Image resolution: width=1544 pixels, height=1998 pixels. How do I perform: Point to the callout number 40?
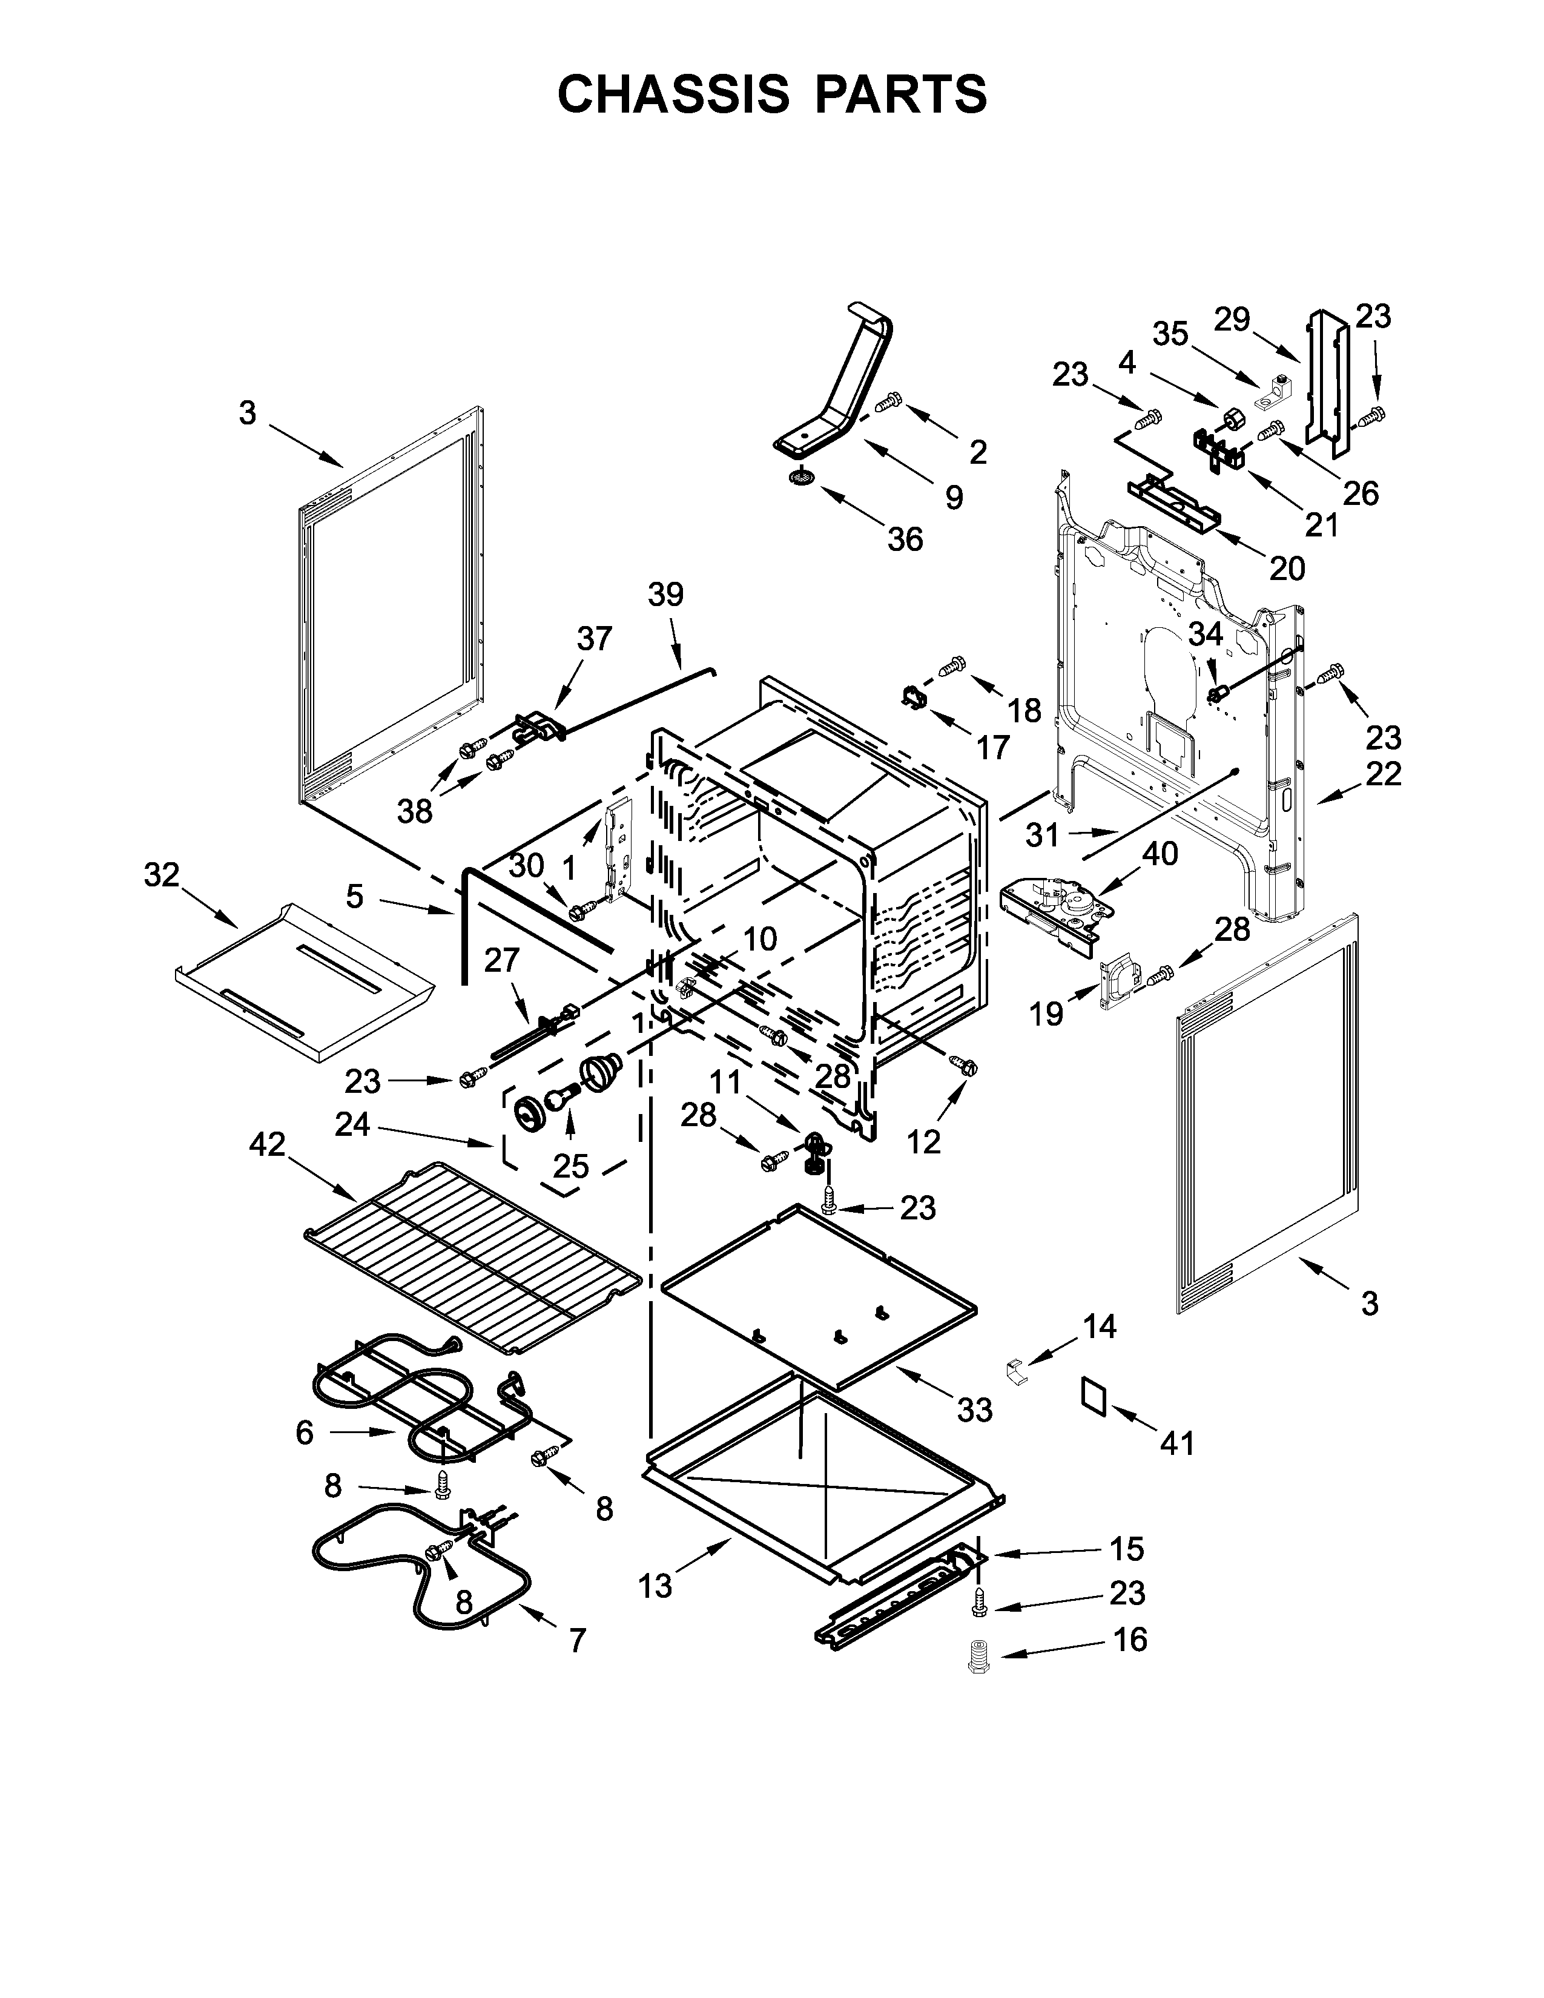click(x=1160, y=854)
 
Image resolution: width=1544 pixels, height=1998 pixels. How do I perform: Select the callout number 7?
click(x=576, y=1641)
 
